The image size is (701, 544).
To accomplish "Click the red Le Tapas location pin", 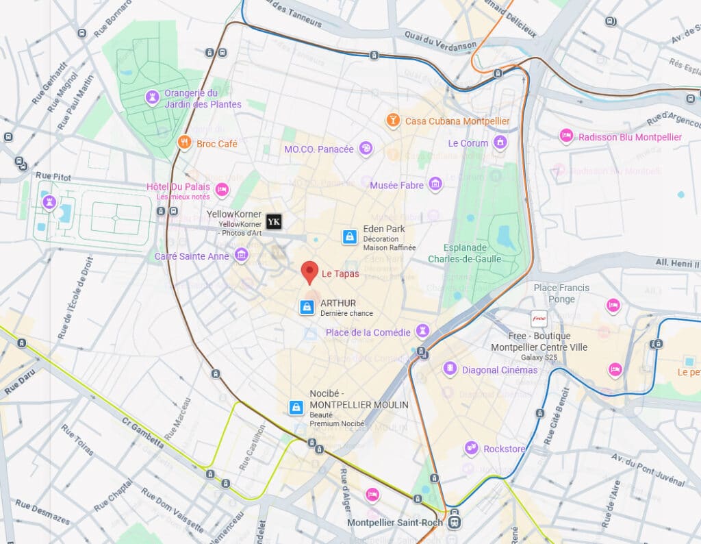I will (x=309, y=271).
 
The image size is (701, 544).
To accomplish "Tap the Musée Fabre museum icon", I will (x=435, y=184).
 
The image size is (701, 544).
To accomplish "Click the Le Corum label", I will (x=468, y=143).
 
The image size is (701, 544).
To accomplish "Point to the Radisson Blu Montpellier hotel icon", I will (x=565, y=136).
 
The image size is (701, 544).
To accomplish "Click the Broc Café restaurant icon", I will (x=183, y=143).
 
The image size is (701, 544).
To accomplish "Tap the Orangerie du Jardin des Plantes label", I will (x=203, y=99).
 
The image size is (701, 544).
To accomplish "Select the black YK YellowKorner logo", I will (x=274, y=221).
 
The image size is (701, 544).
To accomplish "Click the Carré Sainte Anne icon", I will (x=240, y=256).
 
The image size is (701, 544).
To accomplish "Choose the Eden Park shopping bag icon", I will (x=350, y=237).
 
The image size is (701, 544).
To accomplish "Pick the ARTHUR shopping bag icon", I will (x=306, y=308).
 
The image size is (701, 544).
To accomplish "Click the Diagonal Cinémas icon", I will (x=450, y=369).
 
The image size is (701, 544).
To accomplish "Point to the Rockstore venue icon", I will (x=471, y=448).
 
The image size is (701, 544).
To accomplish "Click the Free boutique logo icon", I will (x=539, y=319).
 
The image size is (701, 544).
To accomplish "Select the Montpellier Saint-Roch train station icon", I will (x=455, y=522).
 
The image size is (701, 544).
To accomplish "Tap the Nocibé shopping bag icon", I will (x=296, y=408).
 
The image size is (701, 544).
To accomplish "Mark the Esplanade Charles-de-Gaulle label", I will (x=465, y=253).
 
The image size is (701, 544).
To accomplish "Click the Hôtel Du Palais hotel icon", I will (x=222, y=189).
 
